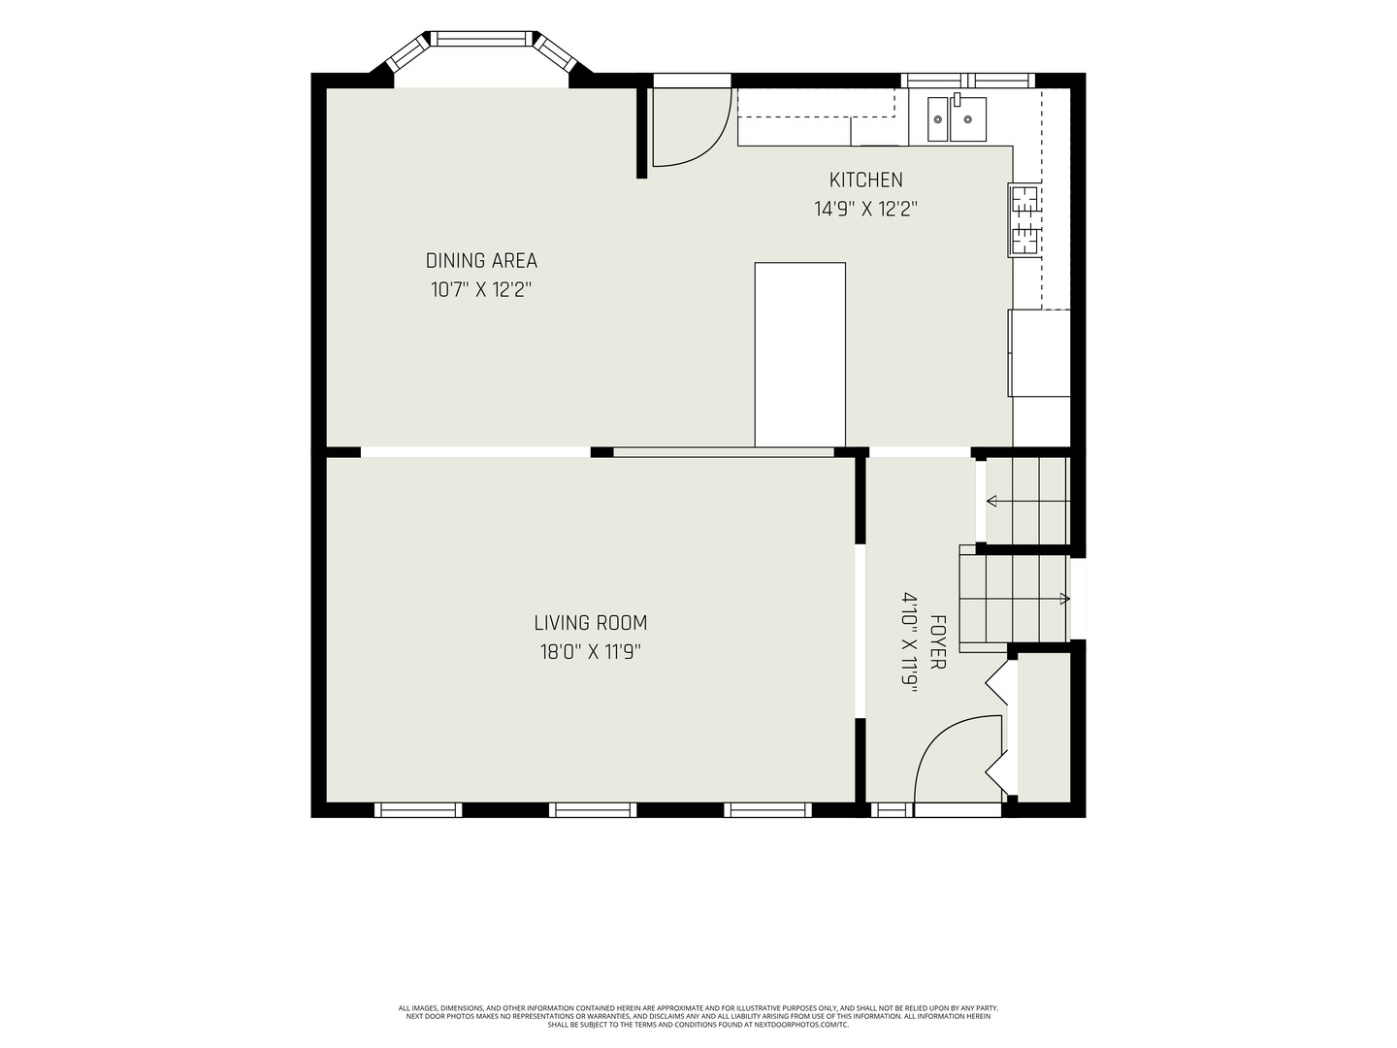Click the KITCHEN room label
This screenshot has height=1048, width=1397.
(865, 180)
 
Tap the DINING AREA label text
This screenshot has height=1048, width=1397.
(481, 261)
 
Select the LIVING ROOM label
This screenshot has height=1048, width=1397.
(591, 623)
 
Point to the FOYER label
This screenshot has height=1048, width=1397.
(937, 641)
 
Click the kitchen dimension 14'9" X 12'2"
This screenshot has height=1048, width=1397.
(865, 209)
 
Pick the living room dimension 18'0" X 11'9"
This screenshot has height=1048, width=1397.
(591, 652)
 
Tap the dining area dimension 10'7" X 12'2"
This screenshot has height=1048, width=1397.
(481, 290)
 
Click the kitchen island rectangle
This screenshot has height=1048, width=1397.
(800, 354)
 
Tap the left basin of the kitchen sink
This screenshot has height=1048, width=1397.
(937, 119)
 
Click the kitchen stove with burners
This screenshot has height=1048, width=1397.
(1024, 220)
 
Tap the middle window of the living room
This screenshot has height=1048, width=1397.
(593, 809)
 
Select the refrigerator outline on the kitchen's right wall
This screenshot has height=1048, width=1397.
(1039, 353)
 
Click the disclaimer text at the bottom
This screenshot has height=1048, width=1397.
(698, 1016)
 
